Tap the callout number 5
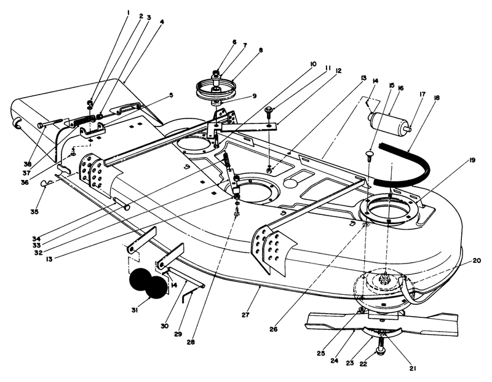click(172, 96)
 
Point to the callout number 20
click(476, 260)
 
